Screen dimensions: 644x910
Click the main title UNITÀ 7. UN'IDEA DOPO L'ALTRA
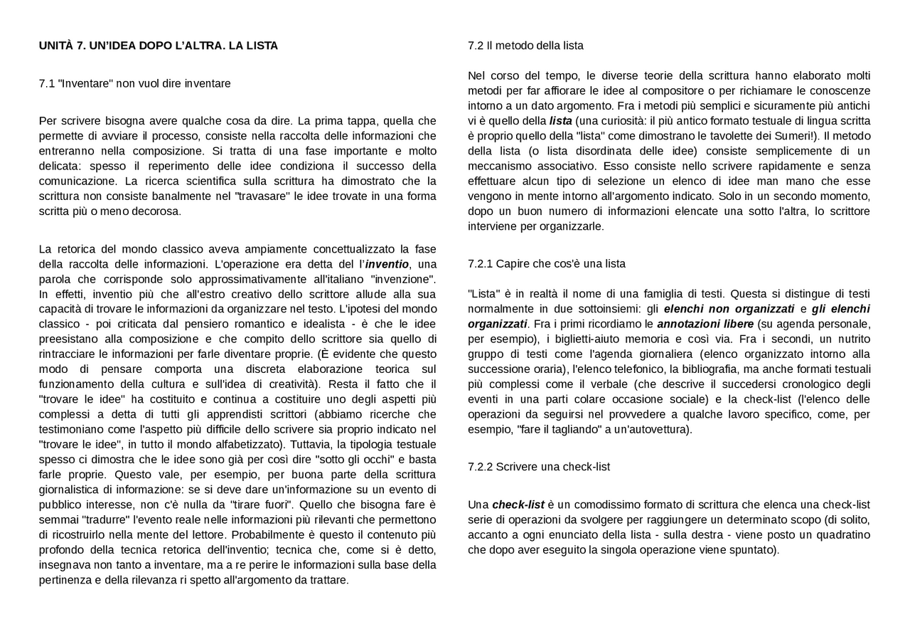pos(158,46)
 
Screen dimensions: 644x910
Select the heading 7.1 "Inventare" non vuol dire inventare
pos(134,83)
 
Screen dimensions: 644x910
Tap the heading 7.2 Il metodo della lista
pos(525,46)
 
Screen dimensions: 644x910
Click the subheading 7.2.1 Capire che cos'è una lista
pos(546,263)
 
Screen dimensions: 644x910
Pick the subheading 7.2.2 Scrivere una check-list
pos(538,467)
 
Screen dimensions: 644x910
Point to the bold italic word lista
pos(560,121)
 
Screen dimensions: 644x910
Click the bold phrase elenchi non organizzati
pos(729,309)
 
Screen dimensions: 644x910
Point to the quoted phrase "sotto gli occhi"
pos(355,459)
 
